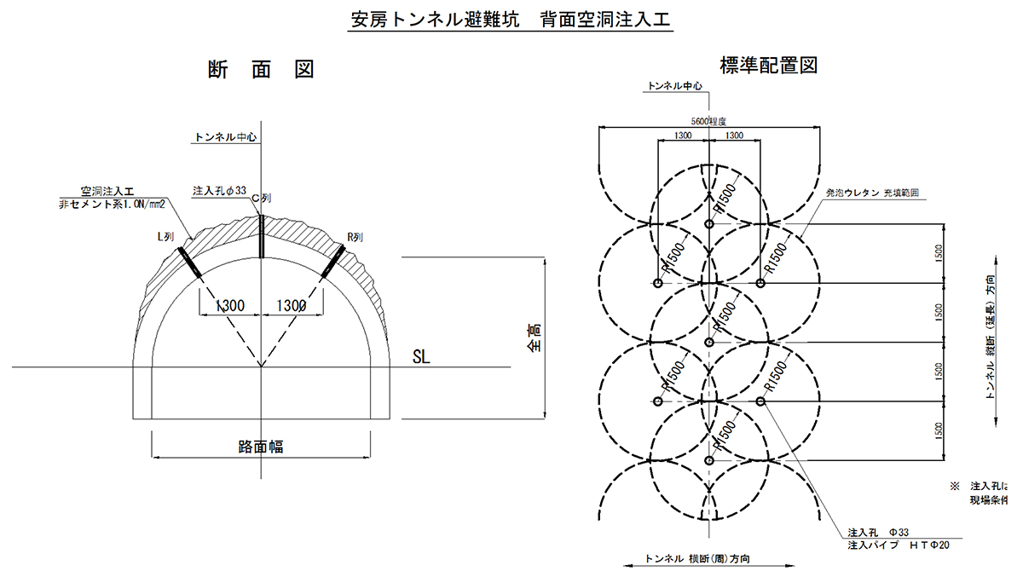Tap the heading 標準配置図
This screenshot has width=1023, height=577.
(x=768, y=65)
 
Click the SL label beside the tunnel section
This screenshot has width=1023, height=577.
(x=421, y=357)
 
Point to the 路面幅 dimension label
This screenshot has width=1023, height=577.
(x=261, y=447)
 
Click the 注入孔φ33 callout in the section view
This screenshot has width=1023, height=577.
(x=220, y=189)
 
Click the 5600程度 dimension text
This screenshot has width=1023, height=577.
(x=708, y=122)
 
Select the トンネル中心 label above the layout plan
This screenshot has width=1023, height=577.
(x=675, y=86)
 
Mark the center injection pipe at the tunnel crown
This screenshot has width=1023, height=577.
(x=261, y=235)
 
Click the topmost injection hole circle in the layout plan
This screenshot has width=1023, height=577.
(x=709, y=224)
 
